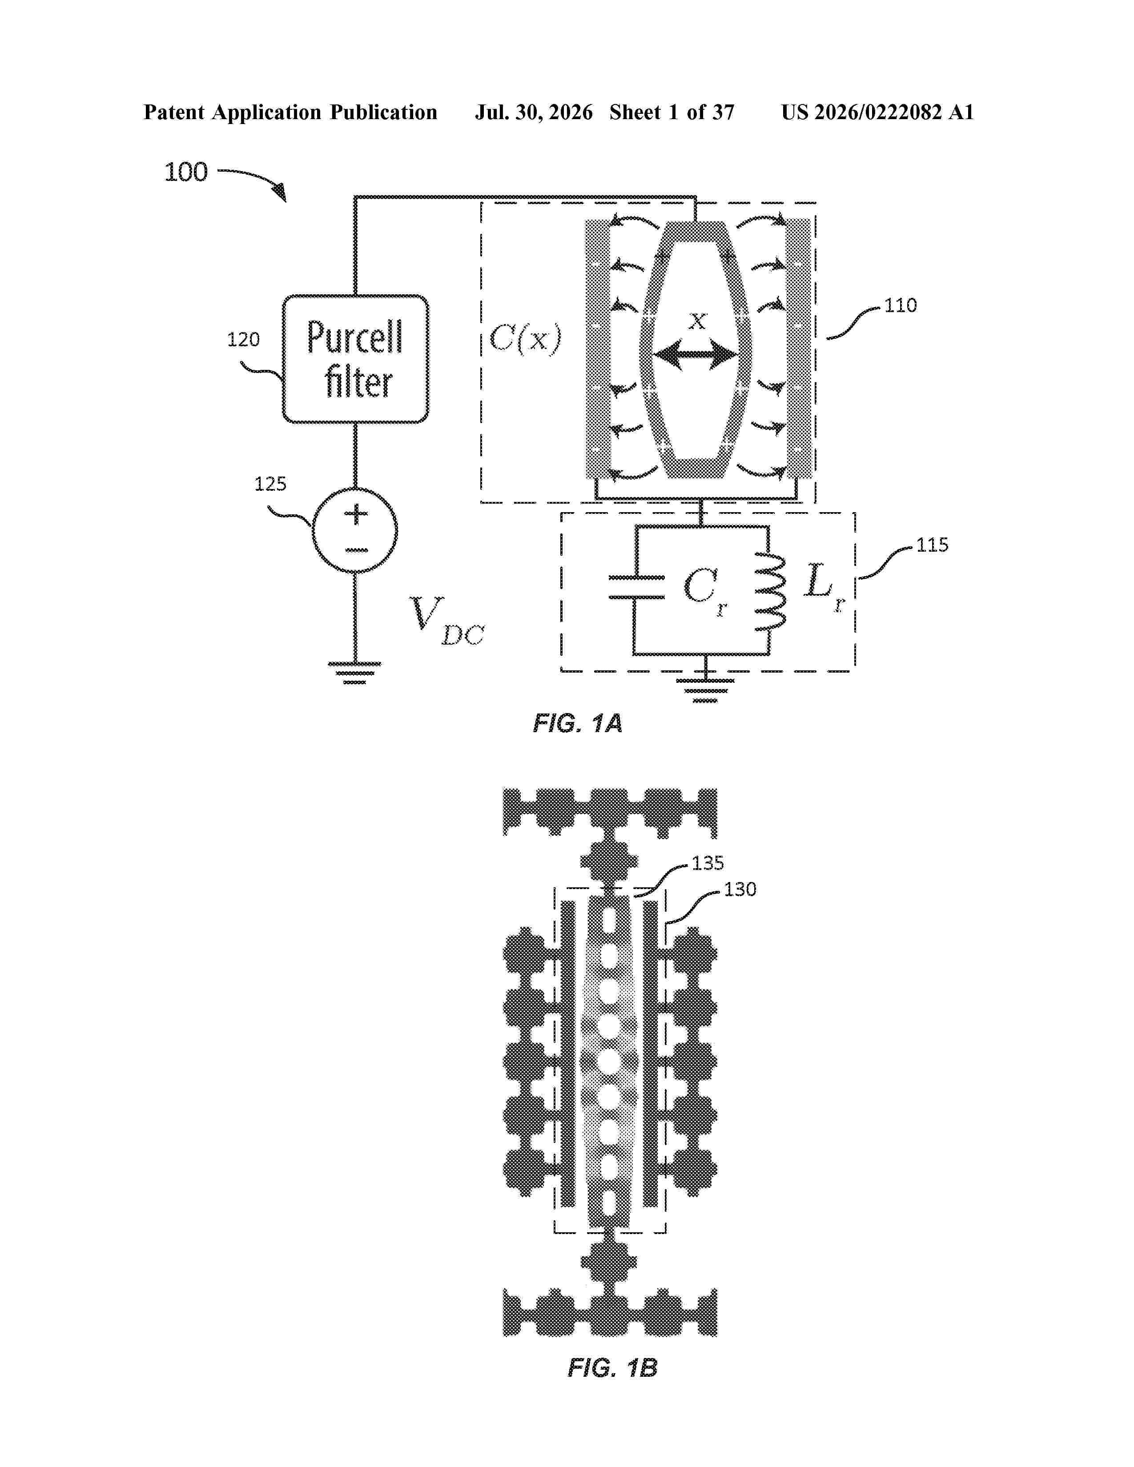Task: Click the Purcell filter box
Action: coord(355,359)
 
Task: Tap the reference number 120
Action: coord(243,340)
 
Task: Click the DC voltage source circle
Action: coord(355,531)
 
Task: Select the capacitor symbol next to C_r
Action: coord(636,587)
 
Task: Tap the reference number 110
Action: coord(900,306)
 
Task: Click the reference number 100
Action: coord(186,172)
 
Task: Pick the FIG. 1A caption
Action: coord(578,723)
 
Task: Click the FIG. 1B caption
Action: coord(612,1367)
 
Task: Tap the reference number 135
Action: coord(708,863)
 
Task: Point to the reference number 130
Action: coord(740,890)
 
